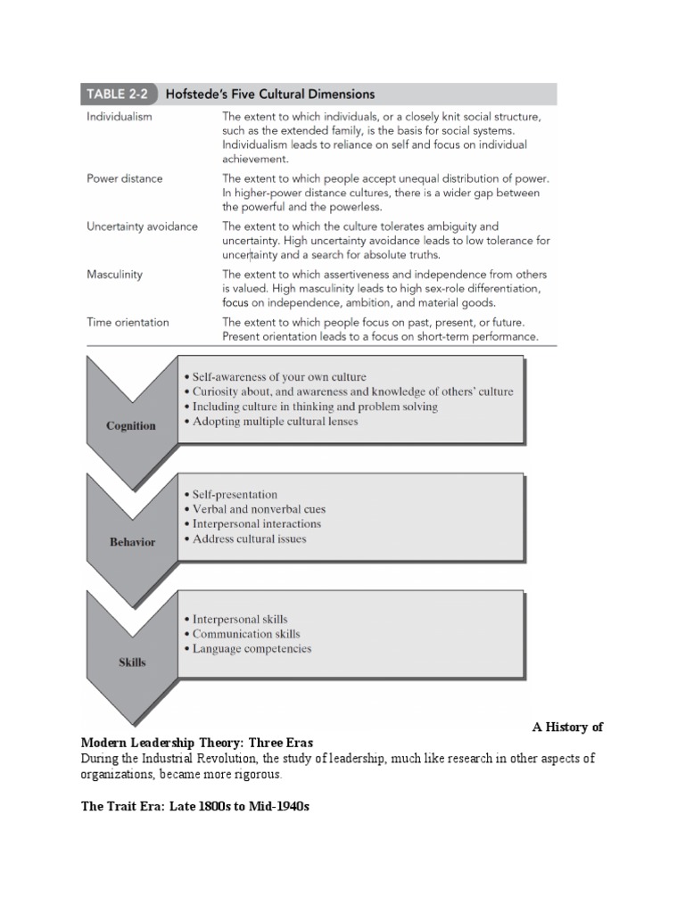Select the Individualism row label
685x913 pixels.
click(x=120, y=117)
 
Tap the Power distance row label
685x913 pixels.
click(x=125, y=178)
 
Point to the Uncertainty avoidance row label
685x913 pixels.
click(x=143, y=226)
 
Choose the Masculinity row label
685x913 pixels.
click(x=114, y=275)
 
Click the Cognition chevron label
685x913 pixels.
click(x=131, y=425)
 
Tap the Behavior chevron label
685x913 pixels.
click(x=132, y=542)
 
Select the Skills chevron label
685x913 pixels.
click(x=132, y=662)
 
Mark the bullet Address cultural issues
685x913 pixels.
click(x=249, y=539)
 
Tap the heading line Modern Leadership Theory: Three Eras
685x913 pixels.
click(x=197, y=742)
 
